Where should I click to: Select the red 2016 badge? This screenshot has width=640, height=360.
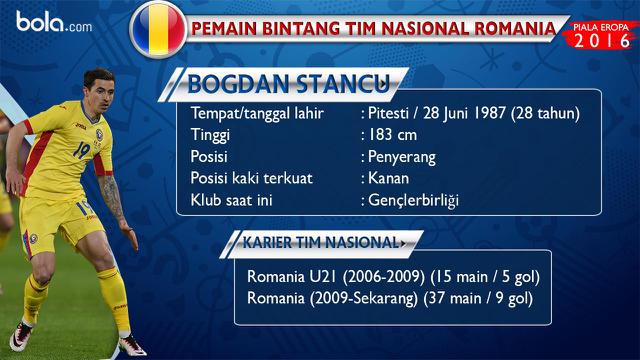603,38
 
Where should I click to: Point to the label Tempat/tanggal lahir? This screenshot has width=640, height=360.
258,113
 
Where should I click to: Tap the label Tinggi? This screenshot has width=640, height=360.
210,136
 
